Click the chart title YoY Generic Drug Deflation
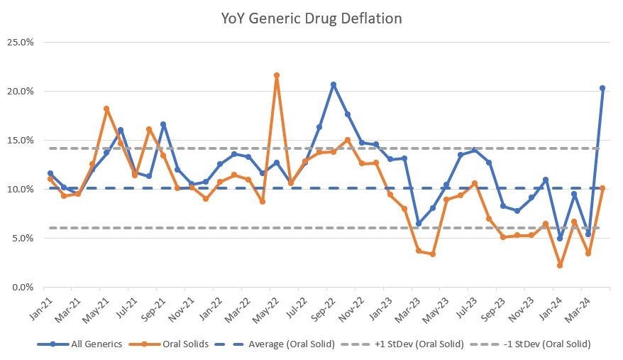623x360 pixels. click(x=311, y=18)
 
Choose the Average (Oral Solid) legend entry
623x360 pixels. click(x=287, y=344)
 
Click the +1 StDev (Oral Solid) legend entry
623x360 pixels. click(x=417, y=344)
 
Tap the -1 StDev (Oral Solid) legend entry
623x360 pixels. click(x=544, y=344)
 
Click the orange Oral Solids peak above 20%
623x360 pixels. click(x=277, y=75)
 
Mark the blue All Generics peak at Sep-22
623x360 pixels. click(x=333, y=84)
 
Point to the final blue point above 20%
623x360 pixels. click(x=602, y=88)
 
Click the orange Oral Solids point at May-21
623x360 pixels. click(x=106, y=109)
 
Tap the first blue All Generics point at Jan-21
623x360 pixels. click(x=50, y=173)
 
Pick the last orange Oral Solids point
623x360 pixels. click(x=602, y=188)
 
